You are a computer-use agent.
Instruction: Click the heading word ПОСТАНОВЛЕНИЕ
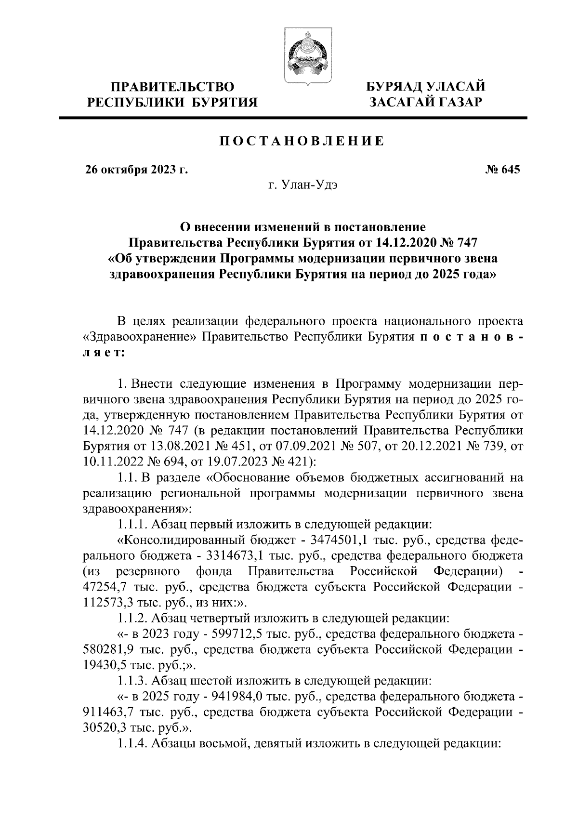pos(302,141)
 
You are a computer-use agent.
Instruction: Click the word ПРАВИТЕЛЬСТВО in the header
pos(173,87)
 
